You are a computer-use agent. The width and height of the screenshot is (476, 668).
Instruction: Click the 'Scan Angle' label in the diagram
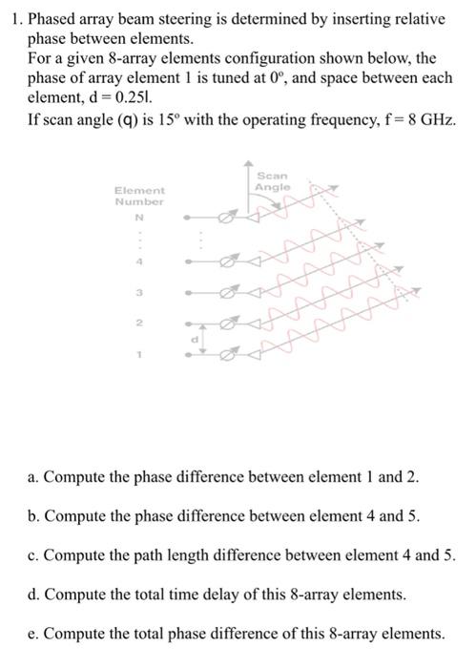click(x=272, y=182)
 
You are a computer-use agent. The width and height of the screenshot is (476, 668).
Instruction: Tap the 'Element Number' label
click(x=139, y=197)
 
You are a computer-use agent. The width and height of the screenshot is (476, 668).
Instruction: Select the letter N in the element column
click(x=139, y=219)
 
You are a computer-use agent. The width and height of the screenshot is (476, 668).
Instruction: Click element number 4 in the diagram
click(x=139, y=261)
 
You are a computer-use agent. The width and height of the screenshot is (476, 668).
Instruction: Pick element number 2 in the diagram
click(x=139, y=324)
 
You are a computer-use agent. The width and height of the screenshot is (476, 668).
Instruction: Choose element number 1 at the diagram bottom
click(x=139, y=355)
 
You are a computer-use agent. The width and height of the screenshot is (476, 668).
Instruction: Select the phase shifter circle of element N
click(x=225, y=219)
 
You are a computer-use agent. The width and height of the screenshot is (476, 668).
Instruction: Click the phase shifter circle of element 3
click(x=225, y=292)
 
